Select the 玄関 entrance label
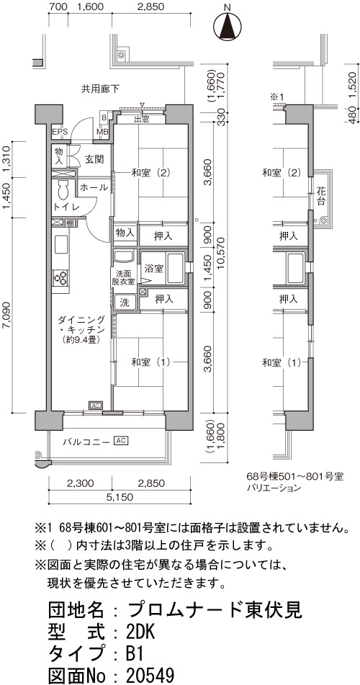click(x=94, y=159)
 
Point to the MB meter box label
click(x=104, y=133)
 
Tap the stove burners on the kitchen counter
click(x=60, y=277)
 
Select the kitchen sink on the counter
click(x=60, y=244)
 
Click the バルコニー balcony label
click(x=86, y=442)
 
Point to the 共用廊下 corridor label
click(x=100, y=89)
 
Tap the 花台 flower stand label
click(x=322, y=197)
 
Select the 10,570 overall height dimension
click(x=222, y=259)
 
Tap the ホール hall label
click(x=94, y=187)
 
